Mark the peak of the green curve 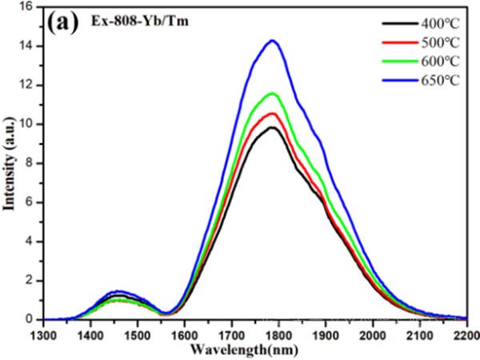[273, 93]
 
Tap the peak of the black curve [273, 127]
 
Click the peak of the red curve [273, 113]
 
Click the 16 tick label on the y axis [25, 6]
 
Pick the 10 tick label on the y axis [25, 124]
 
